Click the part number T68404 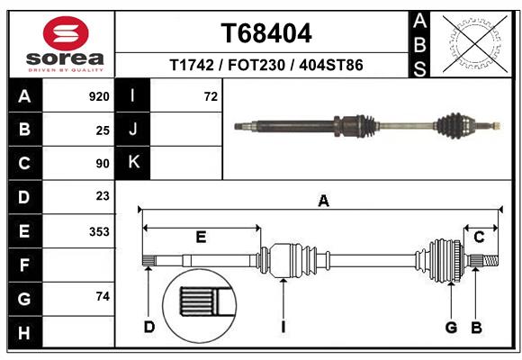point(266,33)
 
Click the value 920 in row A point(99,96)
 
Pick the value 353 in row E point(99,231)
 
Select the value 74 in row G point(102,297)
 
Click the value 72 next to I point(211,96)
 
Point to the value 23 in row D point(102,195)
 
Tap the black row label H point(23,333)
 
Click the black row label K point(134,163)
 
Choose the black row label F point(23,265)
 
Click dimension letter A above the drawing point(322,202)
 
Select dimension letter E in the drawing point(201,238)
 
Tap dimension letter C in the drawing point(479,237)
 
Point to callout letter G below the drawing point(452,326)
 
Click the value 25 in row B point(102,130)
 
